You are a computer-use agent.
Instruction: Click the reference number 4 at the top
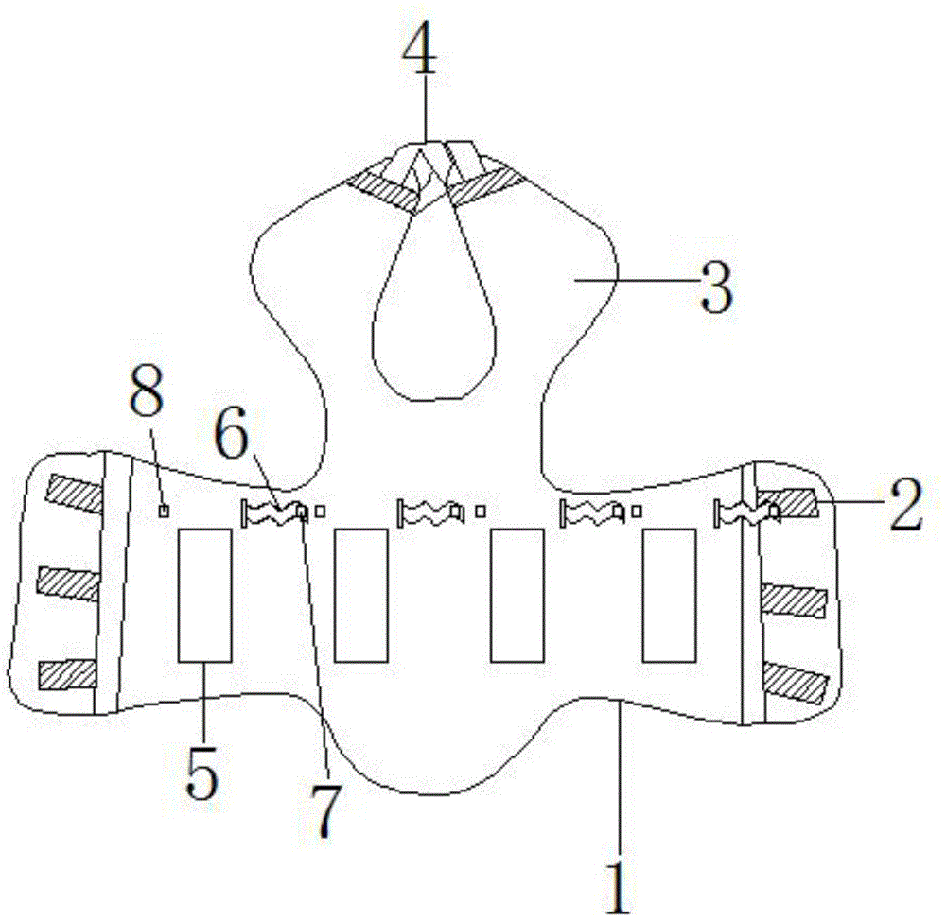pos(420,52)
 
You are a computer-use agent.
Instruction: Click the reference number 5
pos(201,772)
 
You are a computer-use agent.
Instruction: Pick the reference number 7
pos(325,811)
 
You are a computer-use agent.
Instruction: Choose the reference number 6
pos(233,432)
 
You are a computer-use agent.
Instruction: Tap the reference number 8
pos(147,390)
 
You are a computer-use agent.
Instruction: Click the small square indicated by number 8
pos(164,511)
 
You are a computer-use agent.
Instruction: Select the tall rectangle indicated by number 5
pos(204,596)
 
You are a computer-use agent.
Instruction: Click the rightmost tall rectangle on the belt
pos(669,596)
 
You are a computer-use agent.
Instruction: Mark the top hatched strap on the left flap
pos(77,494)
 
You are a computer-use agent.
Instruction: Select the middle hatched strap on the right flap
pos(794,601)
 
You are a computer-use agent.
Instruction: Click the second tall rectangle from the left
pos(361,596)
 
